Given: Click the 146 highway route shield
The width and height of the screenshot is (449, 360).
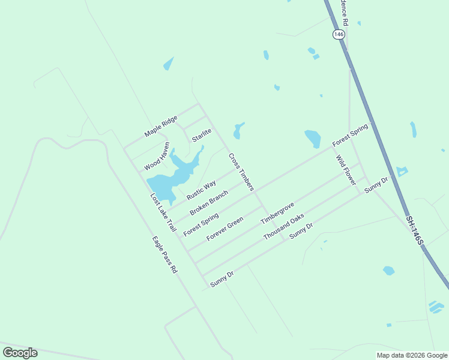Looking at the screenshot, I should (x=339, y=35).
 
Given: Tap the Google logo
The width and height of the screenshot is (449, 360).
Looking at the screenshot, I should (x=20, y=353).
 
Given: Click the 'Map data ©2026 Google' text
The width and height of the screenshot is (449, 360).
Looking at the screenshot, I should (x=412, y=355).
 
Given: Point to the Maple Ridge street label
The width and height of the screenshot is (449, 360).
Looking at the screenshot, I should (x=161, y=126).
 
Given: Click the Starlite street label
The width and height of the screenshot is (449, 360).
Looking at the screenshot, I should (x=202, y=135).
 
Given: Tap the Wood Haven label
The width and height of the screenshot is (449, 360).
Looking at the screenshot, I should (x=157, y=157).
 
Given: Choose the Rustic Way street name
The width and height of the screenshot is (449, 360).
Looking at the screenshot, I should (x=201, y=190).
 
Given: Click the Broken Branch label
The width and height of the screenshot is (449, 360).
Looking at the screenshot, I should (x=209, y=203).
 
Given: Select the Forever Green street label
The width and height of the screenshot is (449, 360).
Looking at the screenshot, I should (x=224, y=229).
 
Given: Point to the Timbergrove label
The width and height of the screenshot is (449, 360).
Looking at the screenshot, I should (x=277, y=214).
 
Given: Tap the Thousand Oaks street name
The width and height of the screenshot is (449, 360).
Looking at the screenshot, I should (x=283, y=227).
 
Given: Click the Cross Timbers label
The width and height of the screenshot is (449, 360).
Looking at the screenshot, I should (x=241, y=172).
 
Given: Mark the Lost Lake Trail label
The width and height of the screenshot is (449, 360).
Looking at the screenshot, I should (x=163, y=213).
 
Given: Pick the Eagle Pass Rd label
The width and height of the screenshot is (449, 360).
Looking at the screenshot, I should (x=165, y=255).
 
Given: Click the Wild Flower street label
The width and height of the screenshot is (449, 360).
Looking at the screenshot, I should (x=346, y=170).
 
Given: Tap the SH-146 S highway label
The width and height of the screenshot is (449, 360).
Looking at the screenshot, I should (x=414, y=230).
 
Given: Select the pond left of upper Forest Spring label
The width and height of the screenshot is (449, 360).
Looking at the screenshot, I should (x=312, y=138).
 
